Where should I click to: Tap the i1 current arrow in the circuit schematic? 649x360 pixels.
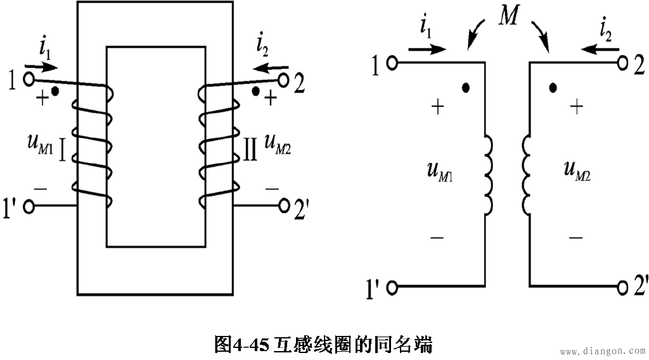coord(428,49)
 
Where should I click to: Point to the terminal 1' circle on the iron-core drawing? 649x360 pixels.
coord(28,206)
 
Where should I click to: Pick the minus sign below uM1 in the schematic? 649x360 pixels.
coord(437,238)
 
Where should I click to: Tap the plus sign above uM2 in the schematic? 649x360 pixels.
coord(575,107)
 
